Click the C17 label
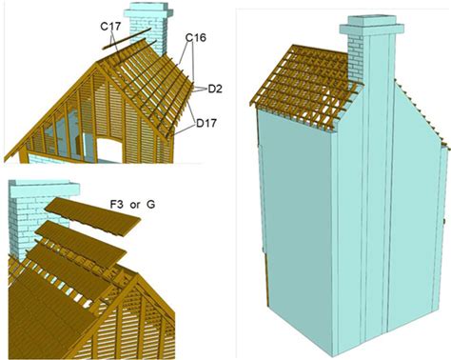pyautogui.click(x=110, y=27)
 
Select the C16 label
pyautogui.click(x=196, y=38)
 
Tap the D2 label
pyautogui.click(x=215, y=90)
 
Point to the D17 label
pyautogui.click(x=206, y=123)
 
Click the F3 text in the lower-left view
pyautogui.click(x=117, y=205)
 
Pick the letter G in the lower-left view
pyautogui.click(x=150, y=205)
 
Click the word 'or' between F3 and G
pyautogui.click(x=135, y=206)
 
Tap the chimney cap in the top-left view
pyautogui.click(x=148, y=11)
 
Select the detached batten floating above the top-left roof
pyautogui.click(x=127, y=38)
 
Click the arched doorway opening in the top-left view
pyautogui.click(x=109, y=150)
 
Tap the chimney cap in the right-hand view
pyautogui.click(x=372, y=26)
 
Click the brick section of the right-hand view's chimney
pyautogui.click(x=356, y=59)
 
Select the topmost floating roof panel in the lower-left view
pyautogui.click(x=92, y=216)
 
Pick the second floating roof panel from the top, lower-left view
pyautogui.click(x=81, y=243)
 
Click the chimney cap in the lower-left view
pyautogui.click(x=44, y=190)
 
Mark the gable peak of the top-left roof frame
pyautogui.click(x=96, y=63)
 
